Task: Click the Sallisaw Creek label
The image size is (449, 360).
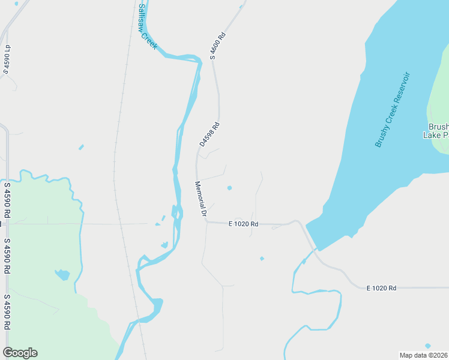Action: click(x=147, y=27)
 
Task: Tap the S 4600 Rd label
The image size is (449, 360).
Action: click(x=217, y=45)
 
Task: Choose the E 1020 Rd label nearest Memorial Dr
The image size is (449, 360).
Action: click(x=243, y=224)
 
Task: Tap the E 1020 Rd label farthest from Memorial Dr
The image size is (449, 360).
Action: click(x=381, y=288)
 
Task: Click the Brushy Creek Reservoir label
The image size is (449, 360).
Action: click(x=391, y=110)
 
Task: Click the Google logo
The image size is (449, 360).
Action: click(x=20, y=353)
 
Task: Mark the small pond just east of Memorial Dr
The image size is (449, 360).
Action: click(x=229, y=188)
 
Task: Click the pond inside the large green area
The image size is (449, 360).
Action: click(x=62, y=275)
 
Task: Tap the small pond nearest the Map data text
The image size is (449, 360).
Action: click(x=427, y=346)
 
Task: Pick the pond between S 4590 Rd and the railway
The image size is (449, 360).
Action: click(x=81, y=147)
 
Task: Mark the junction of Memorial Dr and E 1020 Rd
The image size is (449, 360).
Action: click(x=206, y=222)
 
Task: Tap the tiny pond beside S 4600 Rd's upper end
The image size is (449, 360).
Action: click(x=241, y=7)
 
